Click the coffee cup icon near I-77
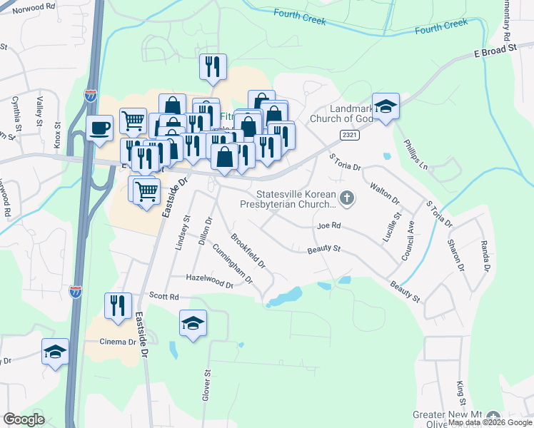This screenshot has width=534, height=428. pos(99,128)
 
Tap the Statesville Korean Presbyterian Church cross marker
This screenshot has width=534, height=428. pos(347,198)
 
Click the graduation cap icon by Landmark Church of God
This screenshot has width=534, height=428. pos(386,107)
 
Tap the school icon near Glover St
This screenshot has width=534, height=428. pos(193,324)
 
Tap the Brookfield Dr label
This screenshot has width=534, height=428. pos(248,251)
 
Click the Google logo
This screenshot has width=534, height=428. pos(24,419)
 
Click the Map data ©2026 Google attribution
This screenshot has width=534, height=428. pos(490,422)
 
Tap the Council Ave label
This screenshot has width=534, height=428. pos(409,239)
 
